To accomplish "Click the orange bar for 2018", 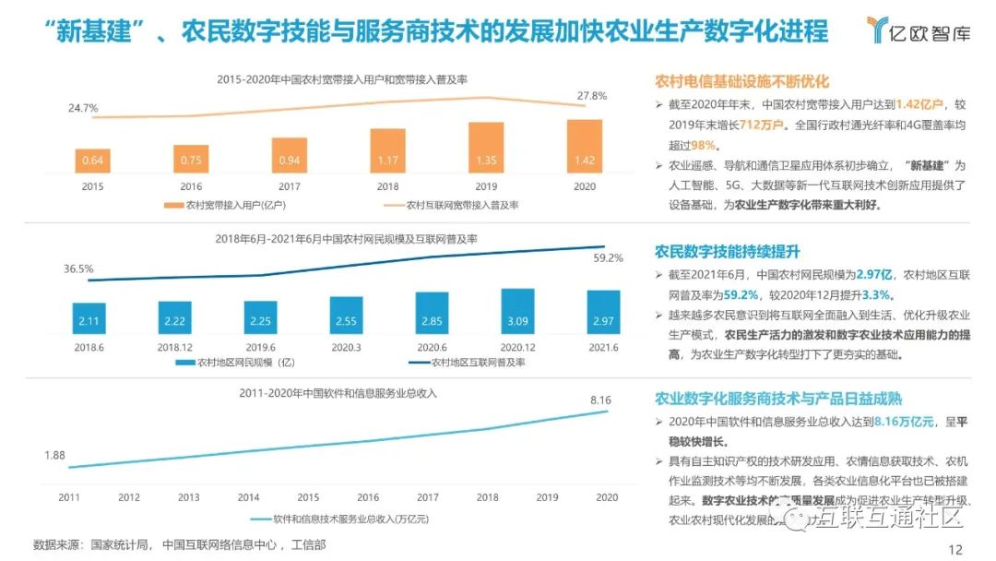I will point(387,151).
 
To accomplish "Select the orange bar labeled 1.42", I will point(584,147).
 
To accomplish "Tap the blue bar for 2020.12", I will point(517,312).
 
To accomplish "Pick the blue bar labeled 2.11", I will point(89,318).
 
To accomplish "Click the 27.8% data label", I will point(592,96).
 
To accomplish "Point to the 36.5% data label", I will point(78,269).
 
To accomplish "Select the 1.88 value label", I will point(55,455).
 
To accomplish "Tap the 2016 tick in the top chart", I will point(191,185).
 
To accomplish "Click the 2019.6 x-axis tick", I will point(260,347).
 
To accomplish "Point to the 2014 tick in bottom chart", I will point(248,497).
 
